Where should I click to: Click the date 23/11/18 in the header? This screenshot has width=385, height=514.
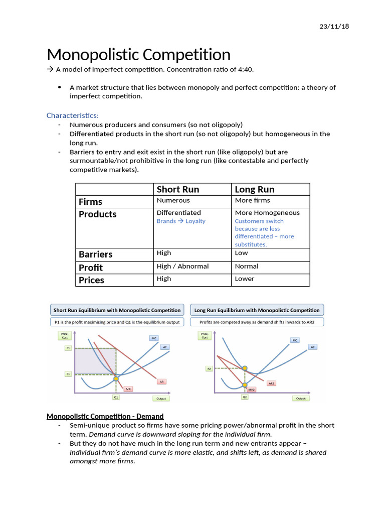[x=334, y=26]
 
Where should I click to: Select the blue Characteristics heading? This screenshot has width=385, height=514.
[x=73, y=115]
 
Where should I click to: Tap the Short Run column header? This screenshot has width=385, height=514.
[x=178, y=189]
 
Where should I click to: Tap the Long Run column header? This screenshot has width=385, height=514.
[x=255, y=189]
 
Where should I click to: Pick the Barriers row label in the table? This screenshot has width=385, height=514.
[x=96, y=254]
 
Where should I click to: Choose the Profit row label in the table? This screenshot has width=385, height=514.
[x=91, y=267]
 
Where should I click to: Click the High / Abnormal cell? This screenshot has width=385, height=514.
[x=182, y=266]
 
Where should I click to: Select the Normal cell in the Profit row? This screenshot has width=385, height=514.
[x=247, y=266]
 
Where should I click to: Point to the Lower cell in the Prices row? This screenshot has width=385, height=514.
[x=245, y=279]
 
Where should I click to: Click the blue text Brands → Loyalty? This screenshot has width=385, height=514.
[x=181, y=221]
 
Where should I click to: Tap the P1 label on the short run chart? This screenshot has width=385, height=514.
[x=68, y=348]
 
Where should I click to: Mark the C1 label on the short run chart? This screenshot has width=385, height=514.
[x=68, y=374]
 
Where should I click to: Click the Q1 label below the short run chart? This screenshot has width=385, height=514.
[x=116, y=397]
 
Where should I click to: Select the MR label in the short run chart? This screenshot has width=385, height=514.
[x=128, y=389]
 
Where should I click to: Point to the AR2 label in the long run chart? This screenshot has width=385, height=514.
[x=271, y=383]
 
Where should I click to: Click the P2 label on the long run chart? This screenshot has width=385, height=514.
[x=209, y=368]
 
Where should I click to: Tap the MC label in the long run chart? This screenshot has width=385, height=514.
[x=295, y=340]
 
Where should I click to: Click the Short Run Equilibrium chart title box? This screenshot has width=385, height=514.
[x=117, y=310]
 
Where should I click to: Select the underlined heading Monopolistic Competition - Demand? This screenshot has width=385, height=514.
[x=105, y=416]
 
